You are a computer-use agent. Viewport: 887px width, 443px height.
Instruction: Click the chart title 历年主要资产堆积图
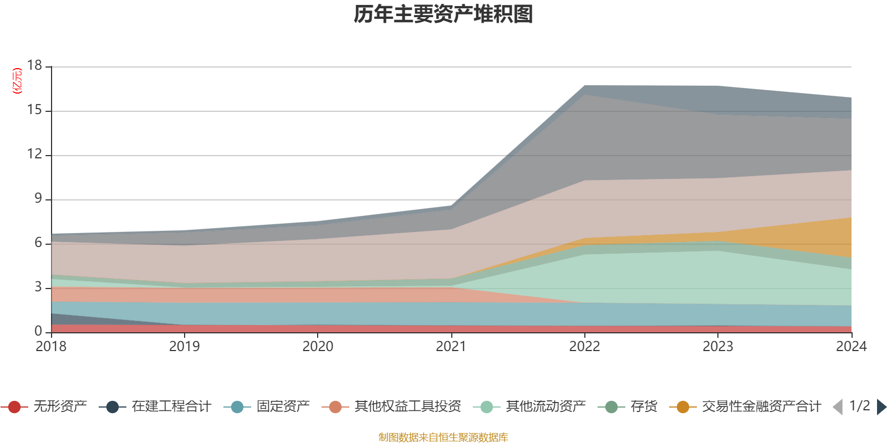443,14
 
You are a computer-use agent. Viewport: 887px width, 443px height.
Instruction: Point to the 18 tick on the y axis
35,65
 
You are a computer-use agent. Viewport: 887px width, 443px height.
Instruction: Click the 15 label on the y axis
35,110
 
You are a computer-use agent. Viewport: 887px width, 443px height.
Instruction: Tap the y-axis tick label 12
35,154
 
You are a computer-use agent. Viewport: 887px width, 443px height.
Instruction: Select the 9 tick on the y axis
38,198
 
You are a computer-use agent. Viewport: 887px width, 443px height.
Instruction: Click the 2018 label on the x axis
51,347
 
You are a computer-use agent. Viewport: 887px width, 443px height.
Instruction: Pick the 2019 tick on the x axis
184,347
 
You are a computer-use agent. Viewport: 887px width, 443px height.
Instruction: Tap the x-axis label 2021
451,347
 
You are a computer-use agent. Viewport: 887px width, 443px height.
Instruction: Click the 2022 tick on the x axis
584,347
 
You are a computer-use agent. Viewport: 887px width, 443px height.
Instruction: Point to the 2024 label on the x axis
851,347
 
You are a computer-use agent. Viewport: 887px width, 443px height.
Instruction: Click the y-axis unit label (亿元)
18,81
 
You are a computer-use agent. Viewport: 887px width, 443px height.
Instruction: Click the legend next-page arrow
881,407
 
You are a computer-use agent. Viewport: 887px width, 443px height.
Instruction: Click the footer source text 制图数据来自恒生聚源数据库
443,437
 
